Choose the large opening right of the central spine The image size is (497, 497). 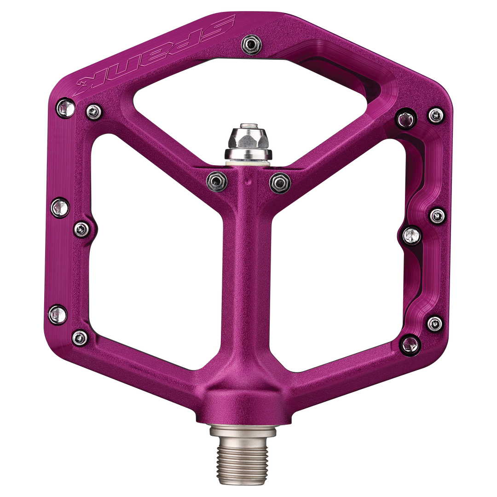(x=336, y=258)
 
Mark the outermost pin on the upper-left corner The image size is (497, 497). (x=63, y=108)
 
